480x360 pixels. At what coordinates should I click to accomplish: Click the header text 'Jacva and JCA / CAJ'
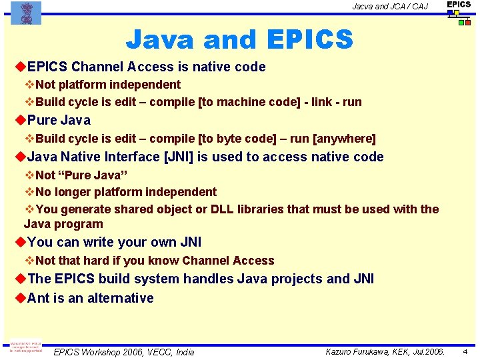[x=390, y=7]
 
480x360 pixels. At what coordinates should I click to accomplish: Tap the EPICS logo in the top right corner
[x=459, y=13]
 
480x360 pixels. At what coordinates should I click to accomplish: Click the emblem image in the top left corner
[x=26, y=13]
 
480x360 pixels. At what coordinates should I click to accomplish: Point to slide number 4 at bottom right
[x=465, y=351]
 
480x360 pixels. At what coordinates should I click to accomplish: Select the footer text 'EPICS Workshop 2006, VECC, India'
[x=123, y=352]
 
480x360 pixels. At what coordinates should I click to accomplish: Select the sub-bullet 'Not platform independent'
[x=107, y=85]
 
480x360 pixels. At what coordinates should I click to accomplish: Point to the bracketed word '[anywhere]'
[x=344, y=139]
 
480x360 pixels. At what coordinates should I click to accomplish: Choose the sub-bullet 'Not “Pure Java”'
[x=81, y=175]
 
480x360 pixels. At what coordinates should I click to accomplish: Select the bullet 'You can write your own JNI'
[x=114, y=242]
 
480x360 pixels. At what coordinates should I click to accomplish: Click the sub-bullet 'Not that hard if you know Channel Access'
[x=154, y=261]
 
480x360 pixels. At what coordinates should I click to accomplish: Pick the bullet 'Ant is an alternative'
[x=90, y=298]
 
